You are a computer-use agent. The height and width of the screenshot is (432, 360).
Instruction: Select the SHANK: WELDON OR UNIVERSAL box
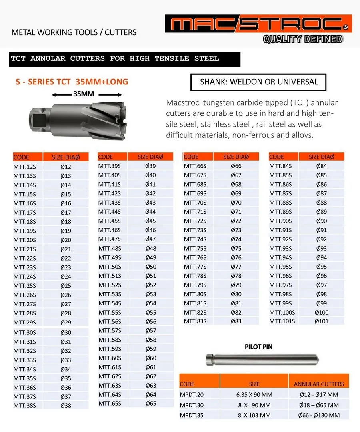(259, 82)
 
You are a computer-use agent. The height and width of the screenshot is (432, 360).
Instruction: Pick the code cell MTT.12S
(25, 167)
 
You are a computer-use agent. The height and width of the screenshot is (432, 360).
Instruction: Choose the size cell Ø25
(66, 286)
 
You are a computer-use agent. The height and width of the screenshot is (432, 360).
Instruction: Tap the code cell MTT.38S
(25, 405)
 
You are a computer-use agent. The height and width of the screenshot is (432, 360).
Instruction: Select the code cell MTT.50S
(110, 267)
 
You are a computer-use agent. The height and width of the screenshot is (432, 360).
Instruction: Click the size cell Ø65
(150, 403)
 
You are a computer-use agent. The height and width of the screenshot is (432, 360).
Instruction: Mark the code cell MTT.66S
(195, 166)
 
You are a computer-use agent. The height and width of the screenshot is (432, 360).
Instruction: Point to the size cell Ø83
(236, 321)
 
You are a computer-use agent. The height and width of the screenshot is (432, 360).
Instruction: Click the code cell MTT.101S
(282, 321)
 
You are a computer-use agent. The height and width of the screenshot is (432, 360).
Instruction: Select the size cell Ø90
(321, 221)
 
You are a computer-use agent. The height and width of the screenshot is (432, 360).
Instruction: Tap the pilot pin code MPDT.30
(192, 405)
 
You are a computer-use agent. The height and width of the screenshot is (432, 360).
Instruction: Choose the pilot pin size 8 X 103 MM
(254, 415)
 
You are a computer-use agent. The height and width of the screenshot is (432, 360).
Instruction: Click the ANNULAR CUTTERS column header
(319, 384)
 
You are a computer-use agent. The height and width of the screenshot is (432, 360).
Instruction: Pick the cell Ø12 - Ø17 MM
(318, 395)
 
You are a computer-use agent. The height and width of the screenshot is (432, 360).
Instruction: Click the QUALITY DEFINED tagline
(303, 39)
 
